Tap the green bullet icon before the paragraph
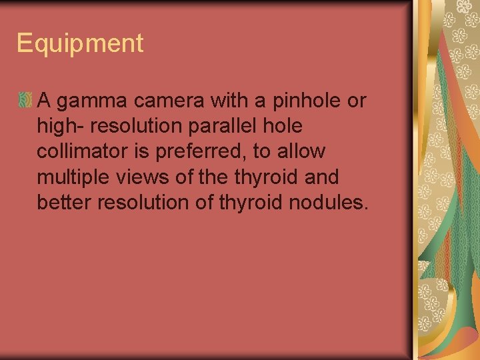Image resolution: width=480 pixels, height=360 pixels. pyautogui.click(x=25, y=101)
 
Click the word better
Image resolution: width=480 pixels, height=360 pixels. pyautogui.click(x=64, y=203)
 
